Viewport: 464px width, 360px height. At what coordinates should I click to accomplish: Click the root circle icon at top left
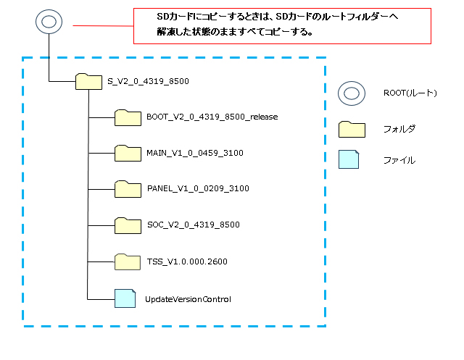[x=48, y=22]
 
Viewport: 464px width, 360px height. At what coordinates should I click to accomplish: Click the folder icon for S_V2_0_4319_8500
[x=88, y=82]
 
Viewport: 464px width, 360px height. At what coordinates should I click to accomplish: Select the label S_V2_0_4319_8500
[x=148, y=82]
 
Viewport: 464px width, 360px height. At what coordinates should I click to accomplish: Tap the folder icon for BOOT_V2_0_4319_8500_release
[x=128, y=117]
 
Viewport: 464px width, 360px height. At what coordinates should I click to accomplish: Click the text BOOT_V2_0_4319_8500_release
[x=212, y=116]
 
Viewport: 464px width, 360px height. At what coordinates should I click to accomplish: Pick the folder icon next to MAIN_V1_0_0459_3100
[x=128, y=152]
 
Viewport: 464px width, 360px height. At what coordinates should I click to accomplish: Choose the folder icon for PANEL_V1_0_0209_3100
[x=128, y=188]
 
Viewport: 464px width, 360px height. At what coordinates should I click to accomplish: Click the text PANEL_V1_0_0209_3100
[x=197, y=188]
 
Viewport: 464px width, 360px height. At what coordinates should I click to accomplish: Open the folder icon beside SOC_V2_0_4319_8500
[x=128, y=225]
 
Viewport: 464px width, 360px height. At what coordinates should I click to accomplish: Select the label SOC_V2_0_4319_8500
[x=193, y=225]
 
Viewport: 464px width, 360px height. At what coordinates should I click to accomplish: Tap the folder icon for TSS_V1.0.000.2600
[x=128, y=261]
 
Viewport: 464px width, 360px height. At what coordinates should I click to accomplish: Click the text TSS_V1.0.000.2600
[x=187, y=261]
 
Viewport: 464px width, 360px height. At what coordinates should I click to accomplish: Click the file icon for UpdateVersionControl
[x=125, y=298]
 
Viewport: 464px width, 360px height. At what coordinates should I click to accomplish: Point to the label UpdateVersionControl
[x=188, y=298]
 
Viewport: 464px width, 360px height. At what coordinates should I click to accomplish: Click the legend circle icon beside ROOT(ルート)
[x=352, y=93]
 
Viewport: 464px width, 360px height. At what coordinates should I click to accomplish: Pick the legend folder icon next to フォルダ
[x=352, y=128]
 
